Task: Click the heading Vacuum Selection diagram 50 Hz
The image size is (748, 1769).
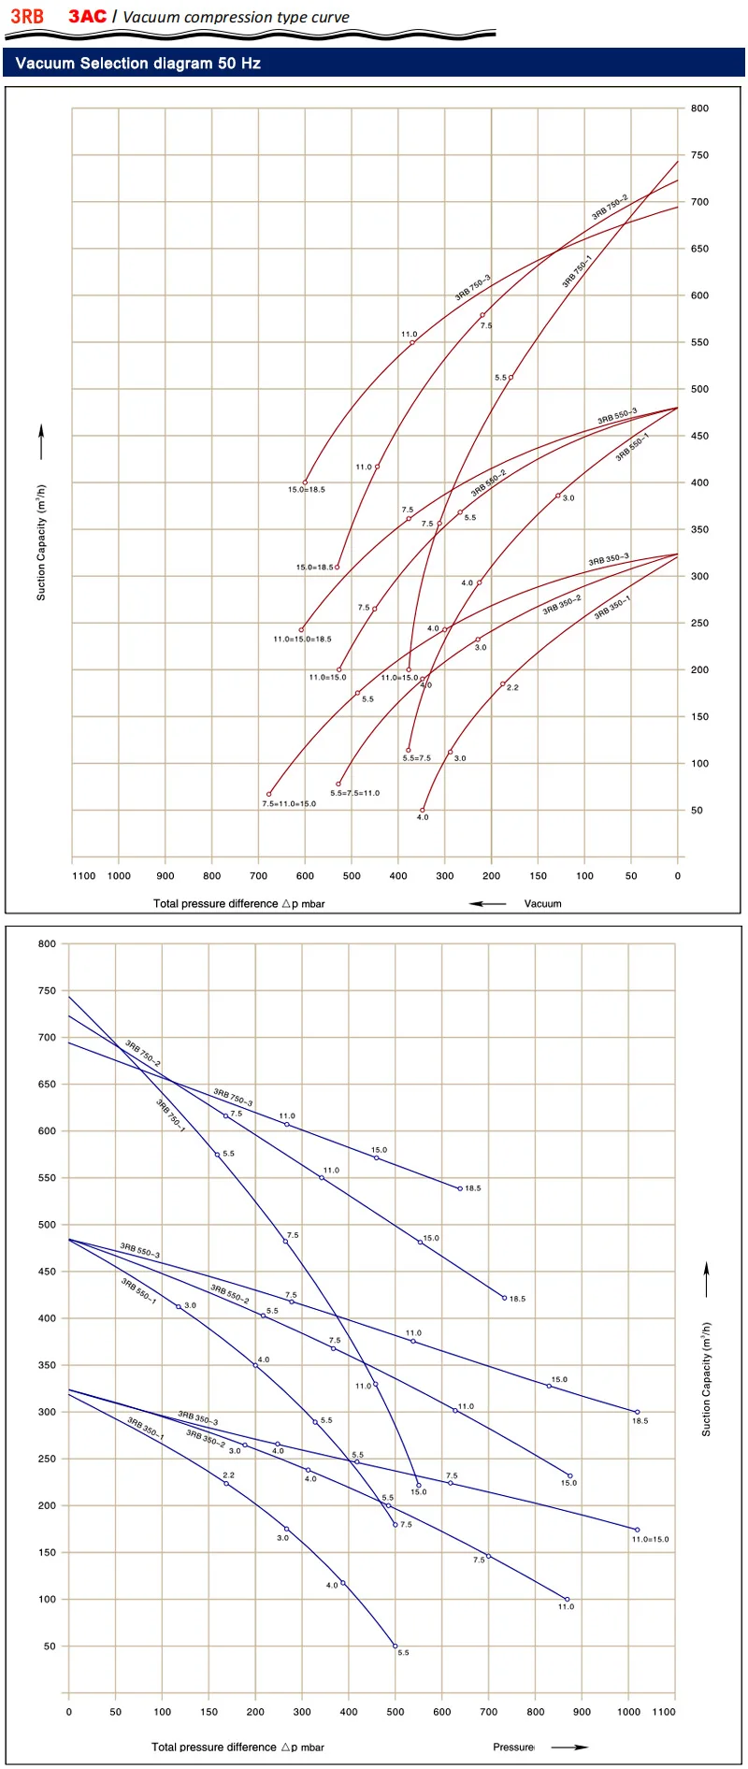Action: pos(137,64)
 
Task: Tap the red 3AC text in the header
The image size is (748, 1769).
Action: pos(87,17)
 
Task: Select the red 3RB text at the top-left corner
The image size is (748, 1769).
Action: pos(27,17)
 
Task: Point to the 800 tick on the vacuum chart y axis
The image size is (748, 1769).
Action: pos(699,108)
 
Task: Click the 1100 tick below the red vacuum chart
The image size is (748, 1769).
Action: pos(84,876)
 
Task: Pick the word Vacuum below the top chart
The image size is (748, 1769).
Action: pos(542,904)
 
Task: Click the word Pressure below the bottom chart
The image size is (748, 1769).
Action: pos(513,1747)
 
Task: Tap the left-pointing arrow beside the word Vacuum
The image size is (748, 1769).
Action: pos(487,904)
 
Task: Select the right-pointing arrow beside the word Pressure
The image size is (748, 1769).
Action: pos(568,1747)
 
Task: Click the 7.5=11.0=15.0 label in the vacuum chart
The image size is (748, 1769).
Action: pos(289,804)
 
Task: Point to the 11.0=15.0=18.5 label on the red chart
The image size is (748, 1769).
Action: pos(302,640)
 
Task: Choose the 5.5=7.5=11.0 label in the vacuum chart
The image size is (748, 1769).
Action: pos(354,794)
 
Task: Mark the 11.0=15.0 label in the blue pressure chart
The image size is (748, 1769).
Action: pos(650,1540)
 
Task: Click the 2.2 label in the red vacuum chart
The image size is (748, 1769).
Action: pos(512,688)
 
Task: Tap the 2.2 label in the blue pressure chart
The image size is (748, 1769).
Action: pos(228,1475)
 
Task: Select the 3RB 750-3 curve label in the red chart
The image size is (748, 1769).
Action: pos(472,288)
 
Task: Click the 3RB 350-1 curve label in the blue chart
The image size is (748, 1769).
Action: pos(145,1430)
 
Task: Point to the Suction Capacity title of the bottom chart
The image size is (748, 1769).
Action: pos(707,1379)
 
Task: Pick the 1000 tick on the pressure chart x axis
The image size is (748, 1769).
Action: pos(628,1712)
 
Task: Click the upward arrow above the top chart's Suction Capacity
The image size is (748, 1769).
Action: pos(41,441)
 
